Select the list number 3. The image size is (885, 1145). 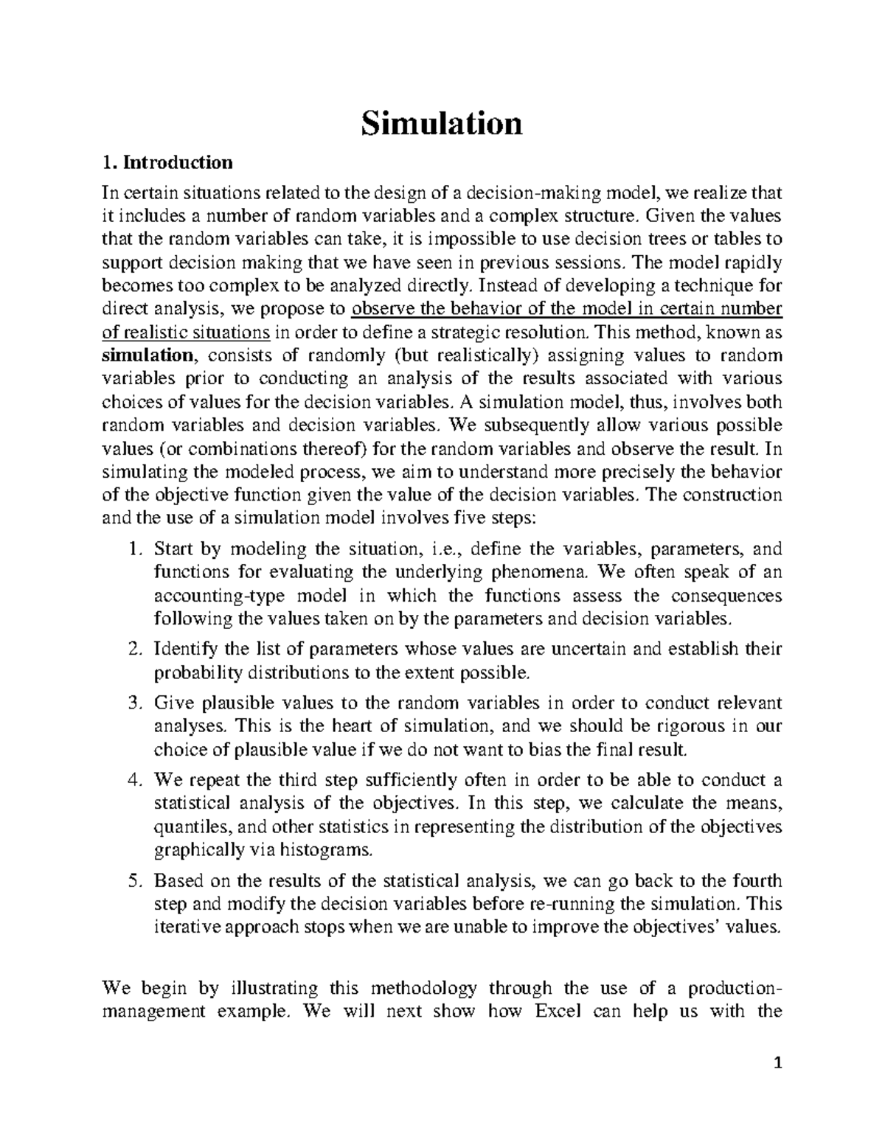coord(133,703)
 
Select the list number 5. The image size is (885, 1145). coord(133,880)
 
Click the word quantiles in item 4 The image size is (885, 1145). coord(185,826)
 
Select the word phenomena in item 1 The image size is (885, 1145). coord(549,572)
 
